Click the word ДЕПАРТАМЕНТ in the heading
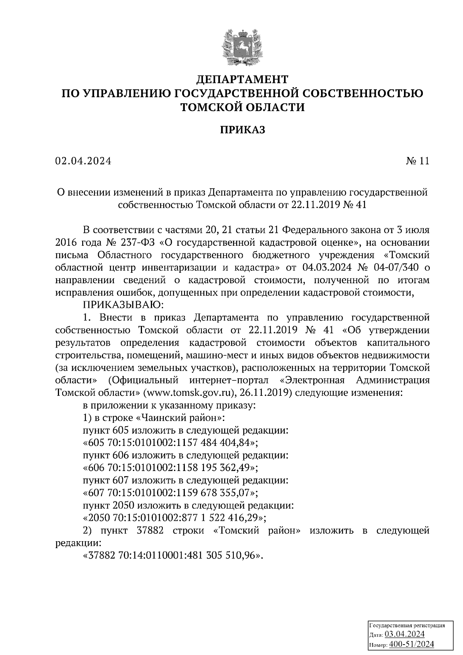point(242,79)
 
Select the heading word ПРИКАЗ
point(243,130)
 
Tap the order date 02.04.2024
point(83,161)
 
